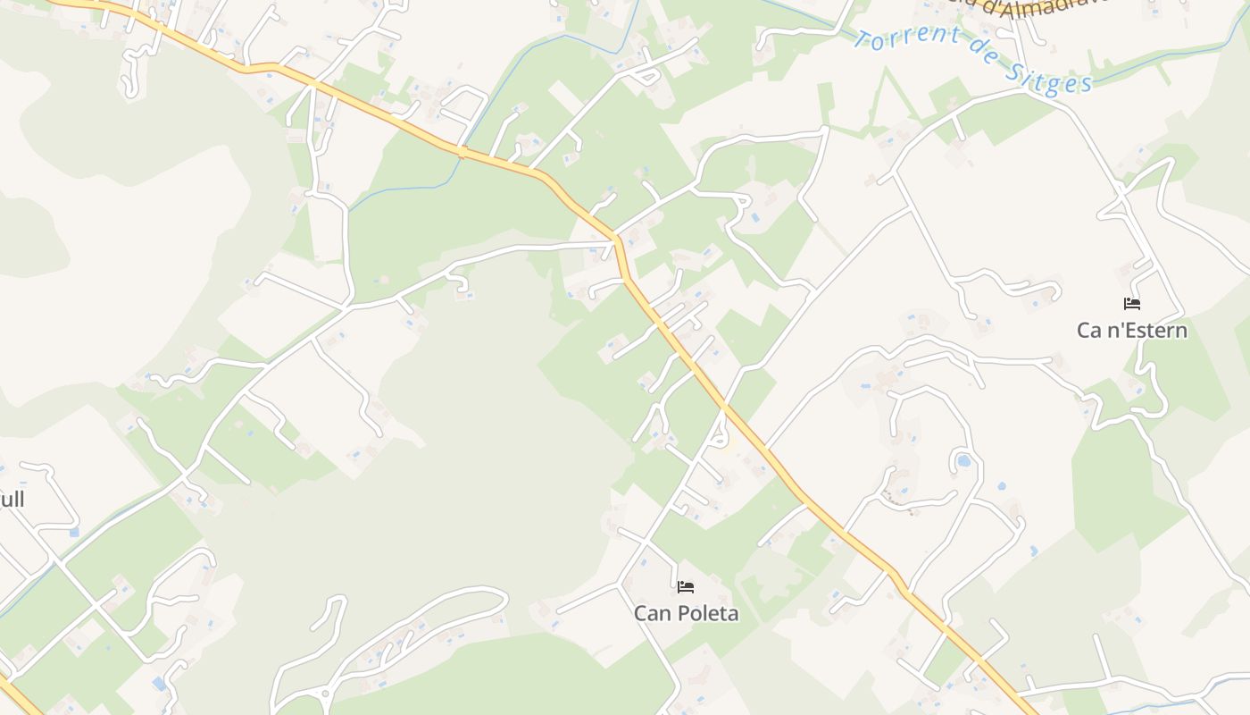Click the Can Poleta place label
686,613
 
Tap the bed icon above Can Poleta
686,587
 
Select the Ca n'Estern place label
1131,330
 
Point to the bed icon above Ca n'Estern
1132,304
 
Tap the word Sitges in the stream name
1049,78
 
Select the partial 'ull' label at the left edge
12,499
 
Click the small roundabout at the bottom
325,692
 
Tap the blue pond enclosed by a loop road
963,462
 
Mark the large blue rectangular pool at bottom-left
160,684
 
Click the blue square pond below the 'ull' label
73,532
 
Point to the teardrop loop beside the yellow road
719,438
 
